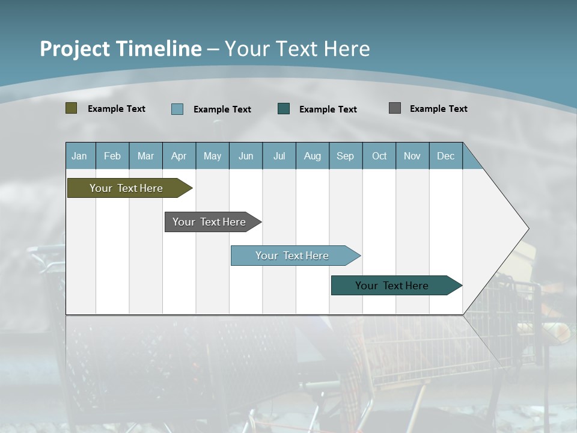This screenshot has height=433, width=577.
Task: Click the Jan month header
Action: pos(79,156)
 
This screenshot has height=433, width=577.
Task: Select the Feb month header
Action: pos(112,156)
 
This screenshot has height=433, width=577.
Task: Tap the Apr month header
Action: pos(179,156)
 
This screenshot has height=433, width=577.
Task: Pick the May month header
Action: pos(212,156)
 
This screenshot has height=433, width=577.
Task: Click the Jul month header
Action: pos(279,156)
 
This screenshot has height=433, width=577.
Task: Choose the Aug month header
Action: pos(313,156)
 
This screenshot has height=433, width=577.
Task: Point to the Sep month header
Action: pos(346,156)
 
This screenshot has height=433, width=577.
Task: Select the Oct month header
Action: pos(379,156)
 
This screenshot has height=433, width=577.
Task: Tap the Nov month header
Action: pos(412,156)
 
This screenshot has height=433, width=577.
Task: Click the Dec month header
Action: pos(446,156)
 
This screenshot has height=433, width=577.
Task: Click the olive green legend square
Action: pos(72,108)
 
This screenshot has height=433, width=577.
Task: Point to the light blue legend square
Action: pos(177,109)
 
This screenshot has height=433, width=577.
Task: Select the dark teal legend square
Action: pos(284,109)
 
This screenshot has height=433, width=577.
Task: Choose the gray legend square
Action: pos(395,108)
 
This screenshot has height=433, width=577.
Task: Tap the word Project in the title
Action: pos(75,49)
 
